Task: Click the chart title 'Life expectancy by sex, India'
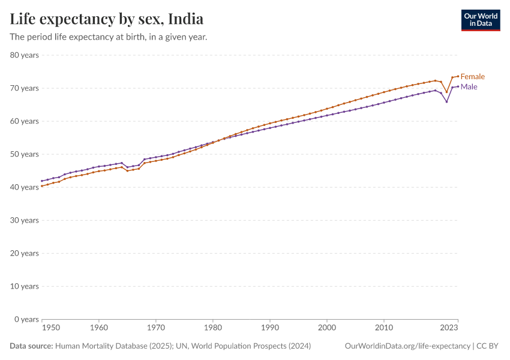106,19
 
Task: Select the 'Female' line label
472,76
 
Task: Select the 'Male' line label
469,87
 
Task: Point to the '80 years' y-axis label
24,55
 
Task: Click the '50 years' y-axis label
24,154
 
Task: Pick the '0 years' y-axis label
26,319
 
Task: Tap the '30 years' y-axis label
24,220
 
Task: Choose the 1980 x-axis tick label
212,328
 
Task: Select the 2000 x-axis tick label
327,328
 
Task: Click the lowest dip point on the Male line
446,101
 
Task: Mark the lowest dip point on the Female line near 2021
446,92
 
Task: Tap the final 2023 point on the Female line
458,76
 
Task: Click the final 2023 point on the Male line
458,86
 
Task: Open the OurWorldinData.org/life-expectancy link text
408,346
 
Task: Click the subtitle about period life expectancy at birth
109,37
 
